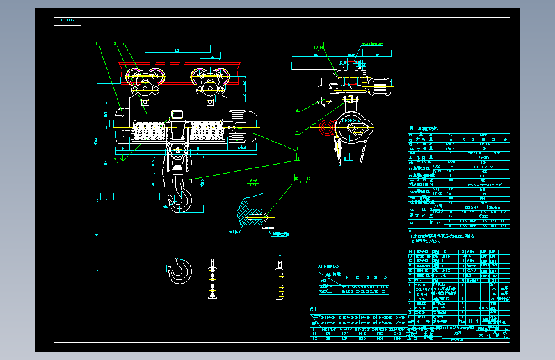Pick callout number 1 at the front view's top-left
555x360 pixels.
pos(97,44)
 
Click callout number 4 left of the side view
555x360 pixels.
pos(297,110)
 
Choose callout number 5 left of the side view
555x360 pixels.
pos(297,133)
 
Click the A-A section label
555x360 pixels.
pos(253,181)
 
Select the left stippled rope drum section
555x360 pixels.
pos(149,131)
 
